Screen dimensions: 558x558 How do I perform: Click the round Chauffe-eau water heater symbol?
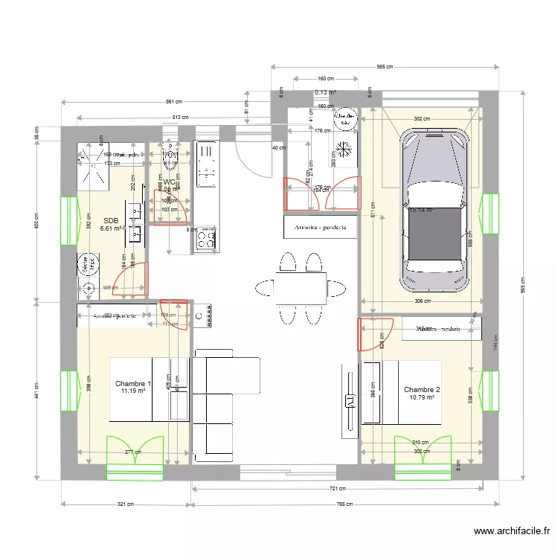[x=344, y=118]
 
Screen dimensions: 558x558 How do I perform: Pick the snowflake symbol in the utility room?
[x=344, y=148]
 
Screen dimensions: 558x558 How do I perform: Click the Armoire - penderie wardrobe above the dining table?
[x=320, y=226]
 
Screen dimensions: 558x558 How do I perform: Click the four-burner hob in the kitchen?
[x=206, y=238]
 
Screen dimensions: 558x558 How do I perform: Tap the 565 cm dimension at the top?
[x=385, y=66]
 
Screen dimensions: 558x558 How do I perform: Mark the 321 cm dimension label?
[x=125, y=504]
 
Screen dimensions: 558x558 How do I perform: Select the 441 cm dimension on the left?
[x=36, y=390]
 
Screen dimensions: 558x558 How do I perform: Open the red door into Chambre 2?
[x=376, y=334]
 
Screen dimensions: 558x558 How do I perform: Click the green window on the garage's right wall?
[x=490, y=213]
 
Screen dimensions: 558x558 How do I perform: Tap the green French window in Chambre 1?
[x=135, y=457]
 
